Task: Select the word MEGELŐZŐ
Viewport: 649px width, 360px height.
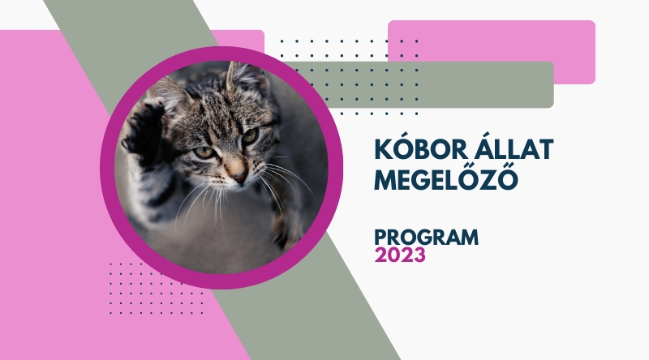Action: [x=446, y=178]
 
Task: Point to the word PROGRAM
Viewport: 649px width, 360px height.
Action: [x=427, y=237]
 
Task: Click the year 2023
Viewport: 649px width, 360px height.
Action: [x=400, y=255]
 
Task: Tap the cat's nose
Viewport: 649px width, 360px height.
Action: [x=239, y=177]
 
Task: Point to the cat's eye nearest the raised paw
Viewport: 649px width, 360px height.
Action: [x=204, y=152]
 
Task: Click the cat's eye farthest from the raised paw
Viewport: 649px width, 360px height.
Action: [x=250, y=135]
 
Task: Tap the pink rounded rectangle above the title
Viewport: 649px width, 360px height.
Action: [x=492, y=52]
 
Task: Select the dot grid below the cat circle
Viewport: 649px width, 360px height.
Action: [x=157, y=288]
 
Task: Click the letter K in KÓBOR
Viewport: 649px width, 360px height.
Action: [x=383, y=149]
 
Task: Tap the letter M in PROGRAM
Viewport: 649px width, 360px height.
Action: [x=469, y=238]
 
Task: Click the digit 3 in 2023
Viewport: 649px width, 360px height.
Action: [x=419, y=255]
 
